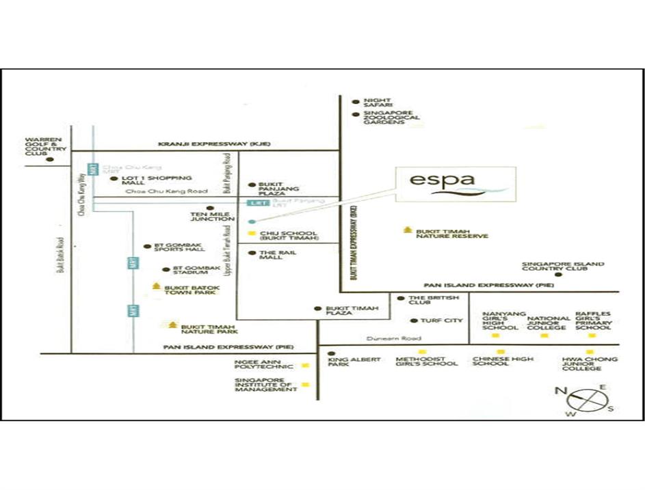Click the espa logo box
(454, 184)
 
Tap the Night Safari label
(377, 103)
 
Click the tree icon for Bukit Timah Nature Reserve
(408, 230)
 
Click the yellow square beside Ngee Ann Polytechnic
(305, 366)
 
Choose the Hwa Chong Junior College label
(590, 364)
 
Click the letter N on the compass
(561, 390)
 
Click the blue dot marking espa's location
(251, 222)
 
